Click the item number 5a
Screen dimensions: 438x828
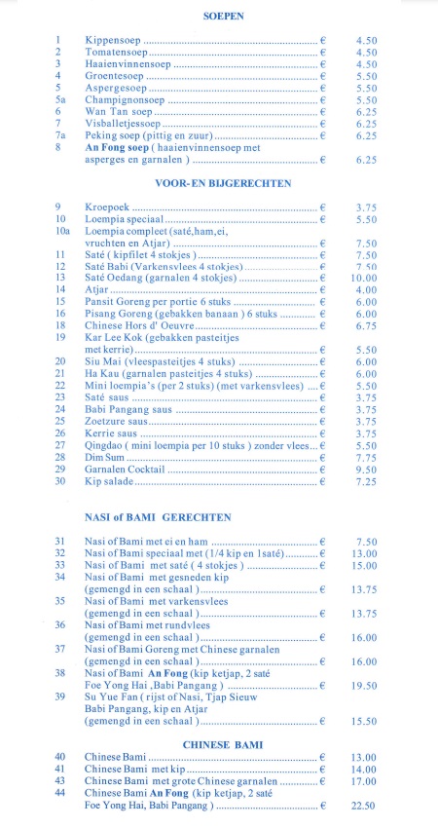(x=60, y=99)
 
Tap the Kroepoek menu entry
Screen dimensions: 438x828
(x=108, y=207)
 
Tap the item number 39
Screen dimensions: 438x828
(x=60, y=696)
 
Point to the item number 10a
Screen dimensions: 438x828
(x=62, y=232)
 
